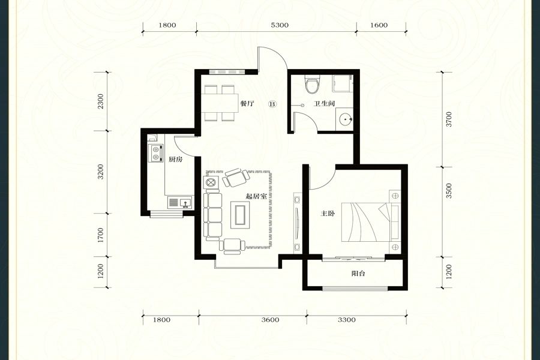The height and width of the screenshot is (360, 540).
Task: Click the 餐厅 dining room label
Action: pos(247,103)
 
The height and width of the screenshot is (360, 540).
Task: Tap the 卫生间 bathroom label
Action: pos(324,103)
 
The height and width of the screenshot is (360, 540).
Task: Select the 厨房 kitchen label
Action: pos(176,160)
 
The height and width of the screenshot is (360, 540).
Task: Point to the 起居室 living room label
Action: pos(256,197)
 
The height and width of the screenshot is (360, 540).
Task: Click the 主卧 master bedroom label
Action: pos(328,214)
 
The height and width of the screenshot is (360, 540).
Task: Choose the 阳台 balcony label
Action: pos(358,274)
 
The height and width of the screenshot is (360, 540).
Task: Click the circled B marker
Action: pos(273,103)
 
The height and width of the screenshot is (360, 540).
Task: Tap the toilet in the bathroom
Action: pos(313,85)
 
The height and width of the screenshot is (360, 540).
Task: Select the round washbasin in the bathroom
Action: pos(345,119)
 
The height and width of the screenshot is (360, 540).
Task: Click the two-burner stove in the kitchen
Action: pos(155,154)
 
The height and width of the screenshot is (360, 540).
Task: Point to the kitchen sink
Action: pos(180,202)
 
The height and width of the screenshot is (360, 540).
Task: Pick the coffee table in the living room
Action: pos(240,214)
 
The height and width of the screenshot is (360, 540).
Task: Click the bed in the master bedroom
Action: pos(370,222)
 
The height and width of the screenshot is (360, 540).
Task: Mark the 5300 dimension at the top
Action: pos(280,25)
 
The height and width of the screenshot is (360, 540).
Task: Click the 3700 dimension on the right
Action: pos(448,119)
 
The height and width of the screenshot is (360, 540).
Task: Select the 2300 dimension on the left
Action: pos(100,101)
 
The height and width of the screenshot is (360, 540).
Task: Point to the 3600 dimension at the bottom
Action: pos(270,320)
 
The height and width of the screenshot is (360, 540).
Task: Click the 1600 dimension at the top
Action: pos(379,25)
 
